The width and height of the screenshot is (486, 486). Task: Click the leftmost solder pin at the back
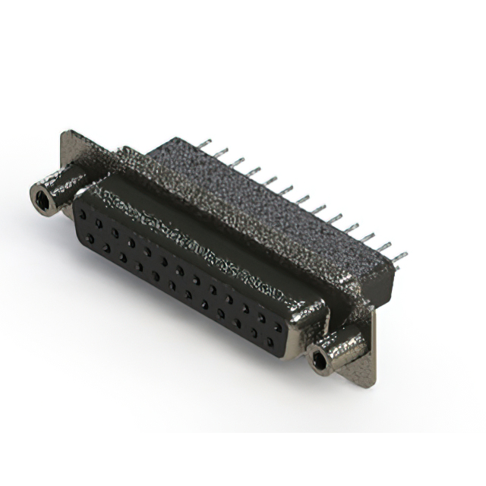(x=203, y=144)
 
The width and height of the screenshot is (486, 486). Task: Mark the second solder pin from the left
(x=219, y=153)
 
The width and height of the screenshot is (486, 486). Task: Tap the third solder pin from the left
(x=236, y=162)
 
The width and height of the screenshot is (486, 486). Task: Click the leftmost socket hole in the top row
(x=82, y=215)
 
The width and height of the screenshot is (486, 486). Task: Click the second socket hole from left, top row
(x=99, y=224)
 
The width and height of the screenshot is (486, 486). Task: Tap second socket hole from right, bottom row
(x=254, y=331)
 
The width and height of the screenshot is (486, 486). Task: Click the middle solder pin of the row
(x=301, y=200)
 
